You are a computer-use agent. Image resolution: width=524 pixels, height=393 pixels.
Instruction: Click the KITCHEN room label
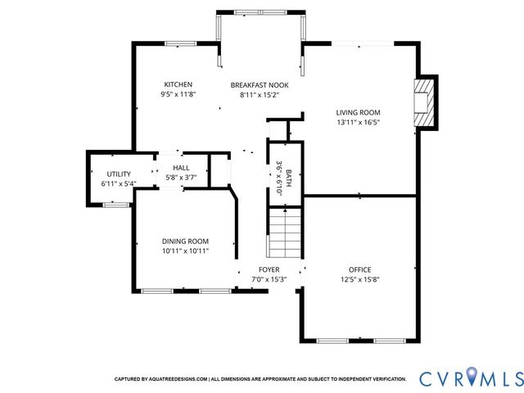(178, 84)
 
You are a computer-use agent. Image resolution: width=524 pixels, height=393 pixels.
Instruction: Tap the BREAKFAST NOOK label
(259, 84)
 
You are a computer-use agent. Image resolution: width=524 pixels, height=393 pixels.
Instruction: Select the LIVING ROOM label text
(358, 112)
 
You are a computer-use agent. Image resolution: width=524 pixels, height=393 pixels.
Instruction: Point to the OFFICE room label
(359, 269)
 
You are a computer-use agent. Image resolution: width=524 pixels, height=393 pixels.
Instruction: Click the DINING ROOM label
(184, 241)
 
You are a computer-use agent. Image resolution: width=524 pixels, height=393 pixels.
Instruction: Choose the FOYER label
(269, 269)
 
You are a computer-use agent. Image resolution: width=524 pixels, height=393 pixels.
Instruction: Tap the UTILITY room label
(120, 174)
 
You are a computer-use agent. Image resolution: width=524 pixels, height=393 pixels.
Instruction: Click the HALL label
(180, 167)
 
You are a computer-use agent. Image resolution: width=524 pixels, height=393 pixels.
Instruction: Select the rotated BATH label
(288, 175)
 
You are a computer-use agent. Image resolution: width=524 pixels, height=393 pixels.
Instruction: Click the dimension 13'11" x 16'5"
(358, 122)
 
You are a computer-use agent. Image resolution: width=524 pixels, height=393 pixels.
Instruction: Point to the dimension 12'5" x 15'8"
(359, 279)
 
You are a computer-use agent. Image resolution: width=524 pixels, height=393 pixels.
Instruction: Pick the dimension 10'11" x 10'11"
(184, 251)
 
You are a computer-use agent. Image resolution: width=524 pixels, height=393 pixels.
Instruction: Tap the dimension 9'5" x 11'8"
(178, 94)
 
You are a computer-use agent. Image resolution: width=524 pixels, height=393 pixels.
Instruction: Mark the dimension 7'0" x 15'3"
(269, 279)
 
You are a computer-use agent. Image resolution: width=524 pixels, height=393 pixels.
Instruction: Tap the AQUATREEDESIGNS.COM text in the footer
(178, 379)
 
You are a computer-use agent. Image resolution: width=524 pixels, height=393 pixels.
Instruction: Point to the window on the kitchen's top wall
(179, 43)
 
